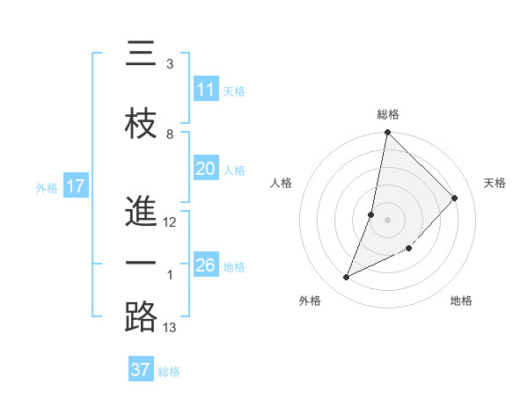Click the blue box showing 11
[206, 90]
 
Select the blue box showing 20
[206, 170]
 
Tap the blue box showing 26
[206, 265]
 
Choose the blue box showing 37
[141, 370]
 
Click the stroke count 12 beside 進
[170, 222]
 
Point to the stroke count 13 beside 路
[170, 328]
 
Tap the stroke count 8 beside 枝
[170, 134]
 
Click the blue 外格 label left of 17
[47, 187]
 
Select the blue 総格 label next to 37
[170, 371]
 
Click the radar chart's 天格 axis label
[495, 183]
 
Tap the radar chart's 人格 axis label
[282, 183]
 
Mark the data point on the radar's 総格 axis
[387, 134]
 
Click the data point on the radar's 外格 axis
[347, 278]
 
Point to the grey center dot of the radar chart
[387, 220]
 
